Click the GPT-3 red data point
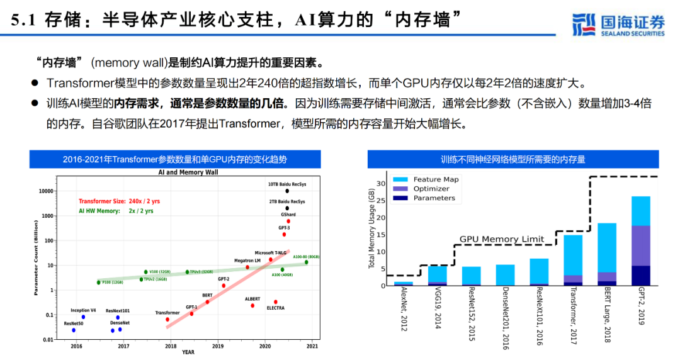click(284, 234)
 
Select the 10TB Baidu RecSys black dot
click(287, 191)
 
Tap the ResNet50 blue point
click(74, 330)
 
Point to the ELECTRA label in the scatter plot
click(275, 308)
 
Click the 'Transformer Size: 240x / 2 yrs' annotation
click(119, 201)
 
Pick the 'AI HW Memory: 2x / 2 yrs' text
click(116, 211)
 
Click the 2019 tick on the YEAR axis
click(218, 346)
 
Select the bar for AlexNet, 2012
click(403, 284)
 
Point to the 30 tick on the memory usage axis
click(380, 184)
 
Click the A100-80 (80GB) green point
click(307, 262)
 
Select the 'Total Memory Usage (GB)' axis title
click(371, 230)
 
